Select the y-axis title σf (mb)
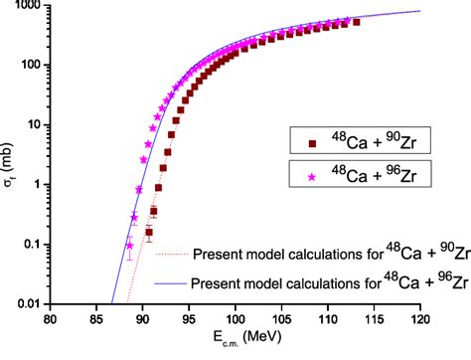(x=12, y=156)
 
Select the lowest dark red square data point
(x=149, y=235)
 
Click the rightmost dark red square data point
(x=357, y=21)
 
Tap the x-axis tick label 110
(x=297, y=318)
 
